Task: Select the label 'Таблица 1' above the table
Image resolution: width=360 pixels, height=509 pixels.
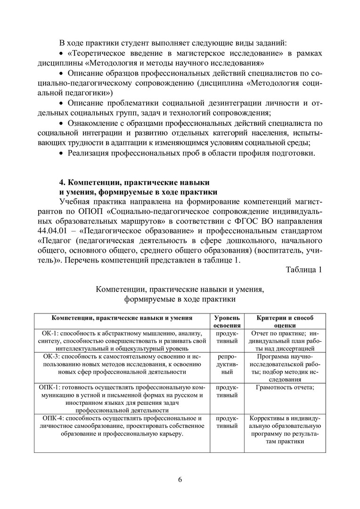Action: point(303,270)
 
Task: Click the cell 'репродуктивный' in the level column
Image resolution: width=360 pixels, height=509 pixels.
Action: point(227,364)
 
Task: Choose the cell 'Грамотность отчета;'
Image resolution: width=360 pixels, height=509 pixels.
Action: point(284,387)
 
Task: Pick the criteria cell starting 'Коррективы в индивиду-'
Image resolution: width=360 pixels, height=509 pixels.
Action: point(284,430)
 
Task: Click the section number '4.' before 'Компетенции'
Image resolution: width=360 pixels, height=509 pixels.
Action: point(62,182)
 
